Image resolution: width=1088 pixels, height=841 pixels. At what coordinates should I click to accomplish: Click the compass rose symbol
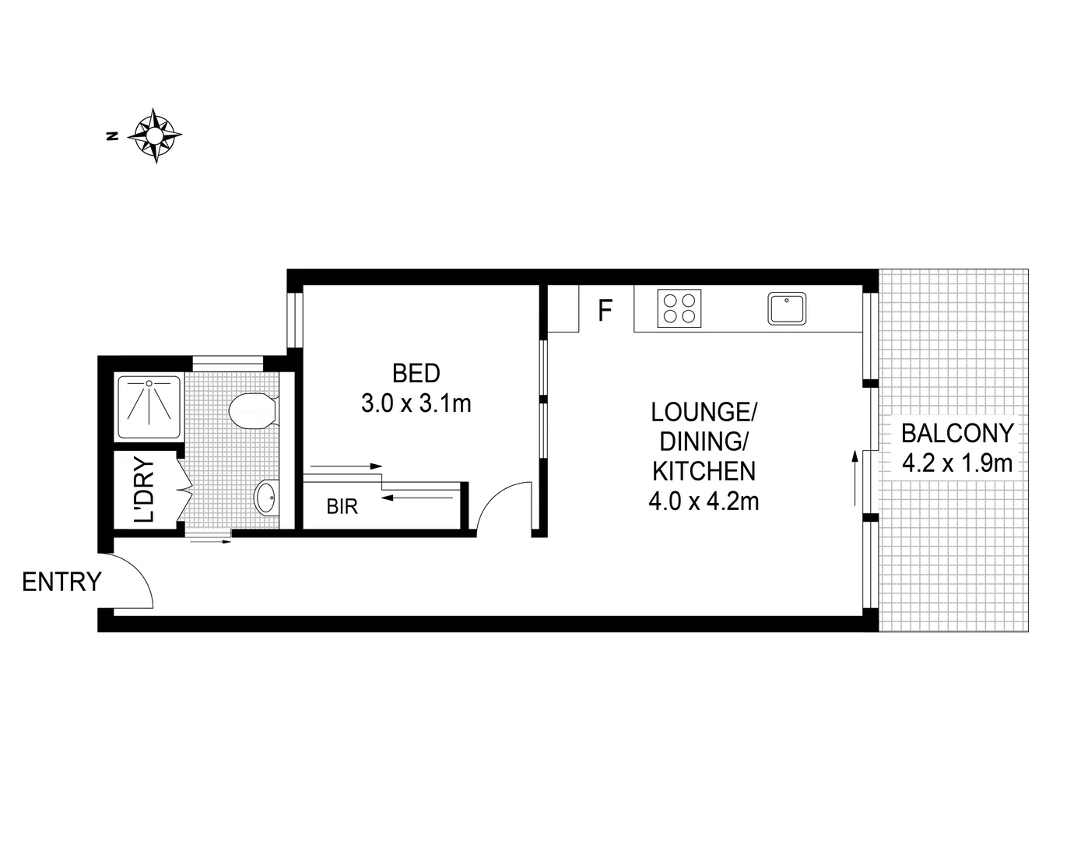[155, 136]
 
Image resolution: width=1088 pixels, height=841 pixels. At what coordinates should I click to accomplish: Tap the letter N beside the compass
[113, 136]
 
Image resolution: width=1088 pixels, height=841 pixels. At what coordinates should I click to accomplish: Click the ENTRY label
[61, 582]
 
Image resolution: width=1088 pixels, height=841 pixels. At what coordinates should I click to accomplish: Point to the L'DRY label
[145, 490]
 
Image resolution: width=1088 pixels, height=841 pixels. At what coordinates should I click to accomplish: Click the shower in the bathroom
[149, 406]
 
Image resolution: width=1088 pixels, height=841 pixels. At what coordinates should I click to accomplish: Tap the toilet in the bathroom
[254, 410]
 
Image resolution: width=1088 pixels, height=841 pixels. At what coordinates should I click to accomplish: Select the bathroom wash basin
[265, 495]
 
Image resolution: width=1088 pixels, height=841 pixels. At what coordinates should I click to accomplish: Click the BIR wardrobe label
[342, 507]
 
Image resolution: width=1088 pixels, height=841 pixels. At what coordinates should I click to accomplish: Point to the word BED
[416, 374]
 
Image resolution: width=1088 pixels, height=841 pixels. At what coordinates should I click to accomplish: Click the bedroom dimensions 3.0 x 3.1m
[416, 404]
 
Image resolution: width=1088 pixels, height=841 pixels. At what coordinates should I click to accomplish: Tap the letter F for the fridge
[605, 311]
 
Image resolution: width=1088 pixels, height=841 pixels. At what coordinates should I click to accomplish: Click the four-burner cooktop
[679, 307]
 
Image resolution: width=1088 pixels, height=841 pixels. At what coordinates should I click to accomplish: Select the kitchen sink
[788, 308]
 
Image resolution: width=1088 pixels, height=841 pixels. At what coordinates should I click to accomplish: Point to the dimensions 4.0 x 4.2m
[704, 501]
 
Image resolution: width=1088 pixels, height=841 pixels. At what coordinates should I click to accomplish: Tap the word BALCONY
[957, 433]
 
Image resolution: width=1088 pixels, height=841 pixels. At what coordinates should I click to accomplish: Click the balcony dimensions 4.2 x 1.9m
[957, 464]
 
